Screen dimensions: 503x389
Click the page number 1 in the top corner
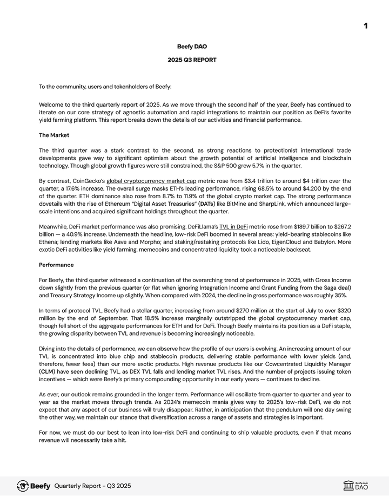pyautogui.click(x=366, y=26)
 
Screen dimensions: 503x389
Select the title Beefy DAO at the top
pyautogui.click(x=192, y=47)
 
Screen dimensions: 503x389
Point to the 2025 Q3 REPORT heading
pyautogui.click(x=192, y=60)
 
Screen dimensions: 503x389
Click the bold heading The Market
pyautogui.click(x=54, y=135)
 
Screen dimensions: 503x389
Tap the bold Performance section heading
pyautogui.click(x=56, y=265)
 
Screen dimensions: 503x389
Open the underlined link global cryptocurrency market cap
pyautogui.click(x=151, y=181)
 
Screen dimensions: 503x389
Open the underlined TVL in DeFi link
pyautogui.click(x=233, y=226)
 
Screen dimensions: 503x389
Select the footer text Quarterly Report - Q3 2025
pyautogui.click(x=92, y=486)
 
